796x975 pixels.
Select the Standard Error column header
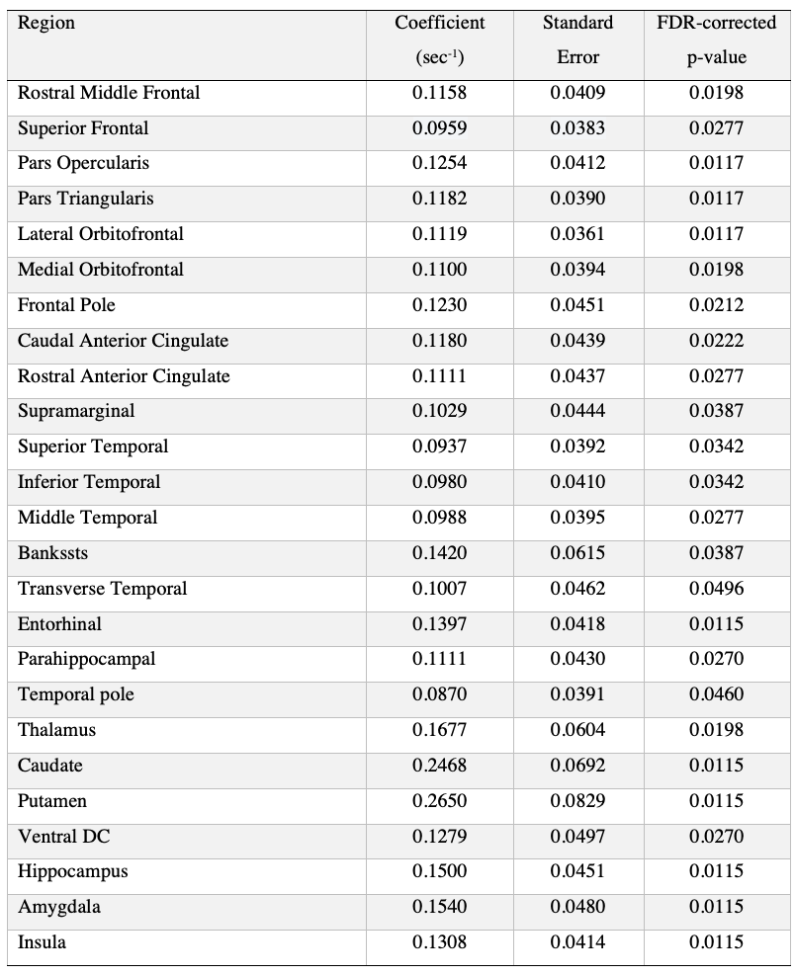point(577,40)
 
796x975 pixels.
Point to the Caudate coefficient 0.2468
point(439,766)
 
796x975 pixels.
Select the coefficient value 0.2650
point(439,801)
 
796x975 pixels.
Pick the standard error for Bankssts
point(577,553)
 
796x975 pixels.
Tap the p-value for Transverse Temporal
point(716,589)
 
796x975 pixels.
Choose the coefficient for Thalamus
point(439,730)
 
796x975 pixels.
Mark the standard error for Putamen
point(577,801)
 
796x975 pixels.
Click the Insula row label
point(43,942)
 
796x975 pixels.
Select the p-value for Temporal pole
point(716,694)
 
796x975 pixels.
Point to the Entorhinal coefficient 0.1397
point(439,624)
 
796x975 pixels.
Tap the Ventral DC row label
point(63,837)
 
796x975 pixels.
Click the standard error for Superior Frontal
point(577,128)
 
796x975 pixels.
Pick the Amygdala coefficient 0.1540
point(439,907)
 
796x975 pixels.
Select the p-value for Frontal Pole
point(716,305)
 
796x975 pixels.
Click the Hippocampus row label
point(72,872)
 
